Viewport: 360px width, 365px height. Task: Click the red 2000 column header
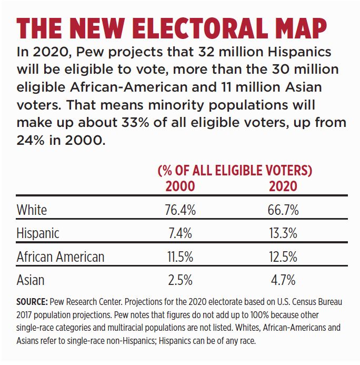click(180, 186)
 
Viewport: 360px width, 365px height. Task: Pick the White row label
click(32, 210)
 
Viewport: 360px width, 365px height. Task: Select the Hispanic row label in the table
click(38, 233)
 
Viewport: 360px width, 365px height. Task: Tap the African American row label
click(61, 257)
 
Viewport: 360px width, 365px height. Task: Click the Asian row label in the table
click(31, 280)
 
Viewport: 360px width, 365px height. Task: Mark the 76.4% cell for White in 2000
click(180, 210)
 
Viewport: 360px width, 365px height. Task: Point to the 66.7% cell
click(283, 210)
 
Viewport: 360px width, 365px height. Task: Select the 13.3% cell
click(283, 233)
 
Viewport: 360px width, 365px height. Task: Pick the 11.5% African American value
click(180, 257)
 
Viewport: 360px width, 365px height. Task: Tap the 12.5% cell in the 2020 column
click(283, 257)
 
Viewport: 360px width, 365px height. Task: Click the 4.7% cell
click(283, 280)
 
